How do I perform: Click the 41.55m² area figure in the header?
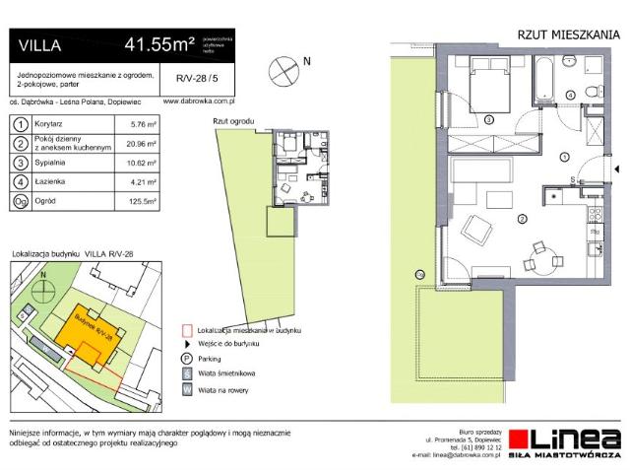(158, 43)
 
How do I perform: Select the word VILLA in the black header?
(38, 43)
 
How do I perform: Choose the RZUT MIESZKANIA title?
(568, 34)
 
